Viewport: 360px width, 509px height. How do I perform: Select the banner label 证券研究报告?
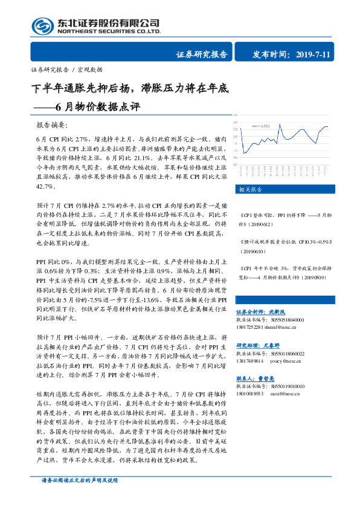pos(202,54)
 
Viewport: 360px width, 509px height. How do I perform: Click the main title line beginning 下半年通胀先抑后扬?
pos(130,89)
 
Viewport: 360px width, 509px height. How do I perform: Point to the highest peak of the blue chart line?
pos(280,125)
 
